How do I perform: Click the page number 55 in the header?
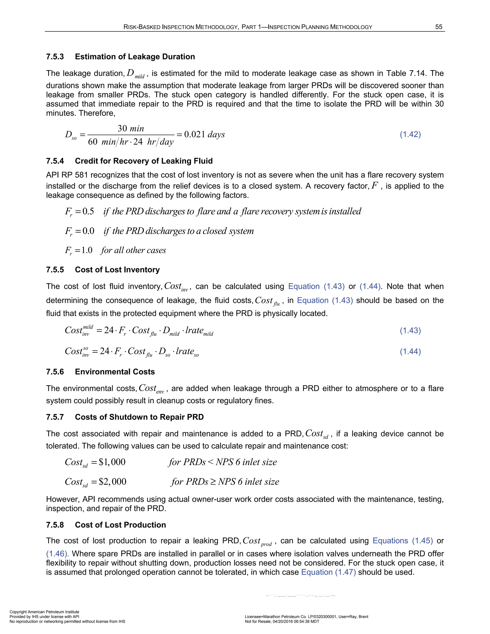click(x=439, y=27)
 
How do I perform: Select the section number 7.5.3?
click(x=55, y=57)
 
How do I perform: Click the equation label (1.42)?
click(x=410, y=134)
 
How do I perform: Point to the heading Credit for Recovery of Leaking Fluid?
click(x=144, y=161)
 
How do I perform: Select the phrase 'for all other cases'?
click(x=134, y=250)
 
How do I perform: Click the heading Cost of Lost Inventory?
click(x=117, y=270)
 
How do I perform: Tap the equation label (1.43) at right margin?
click(x=410, y=330)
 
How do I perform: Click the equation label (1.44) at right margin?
click(x=410, y=351)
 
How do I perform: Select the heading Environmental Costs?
click(x=115, y=372)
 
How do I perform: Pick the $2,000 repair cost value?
click(x=112, y=482)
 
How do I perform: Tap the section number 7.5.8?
click(x=55, y=525)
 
